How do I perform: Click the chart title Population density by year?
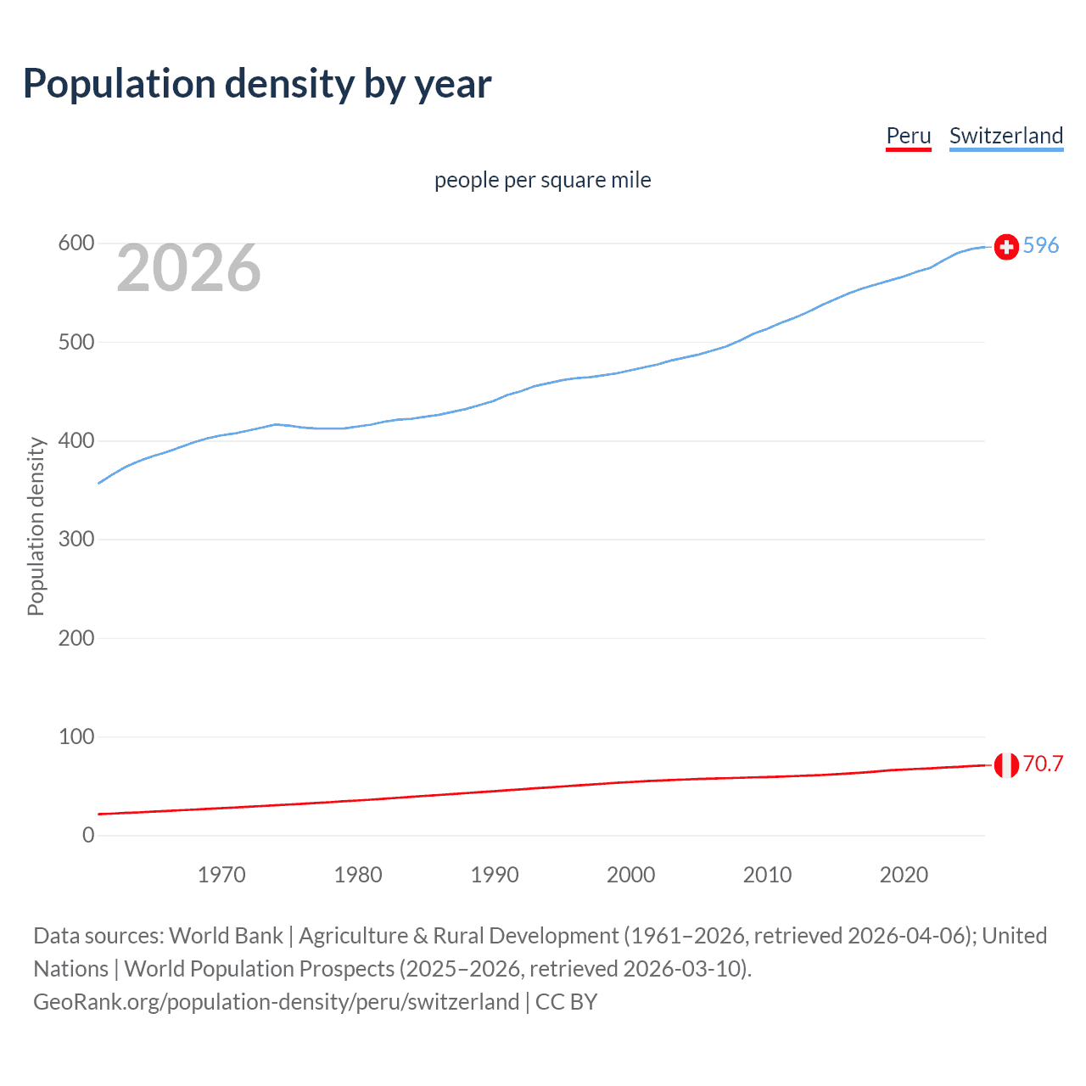[x=257, y=84]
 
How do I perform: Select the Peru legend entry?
[x=908, y=136]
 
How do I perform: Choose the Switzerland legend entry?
[x=1005, y=136]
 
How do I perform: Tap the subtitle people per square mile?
[x=542, y=180]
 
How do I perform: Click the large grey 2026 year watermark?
[x=188, y=268]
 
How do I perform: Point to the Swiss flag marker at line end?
[x=1006, y=247]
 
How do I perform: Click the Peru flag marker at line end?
[x=1006, y=764]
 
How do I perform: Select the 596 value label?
[x=1041, y=245]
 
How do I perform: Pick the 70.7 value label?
[x=1043, y=764]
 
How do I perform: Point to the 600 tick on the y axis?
[x=76, y=244]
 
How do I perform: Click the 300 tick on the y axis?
[x=76, y=540]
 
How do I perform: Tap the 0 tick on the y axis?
[x=88, y=835]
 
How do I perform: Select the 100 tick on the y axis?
[x=76, y=736]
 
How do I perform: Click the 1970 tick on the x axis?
[x=221, y=875]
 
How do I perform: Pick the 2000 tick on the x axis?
[x=630, y=875]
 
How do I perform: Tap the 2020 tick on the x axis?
[x=904, y=875]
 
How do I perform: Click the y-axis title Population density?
[x=36, y=526]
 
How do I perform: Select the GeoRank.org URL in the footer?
[x=276, y=1002]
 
